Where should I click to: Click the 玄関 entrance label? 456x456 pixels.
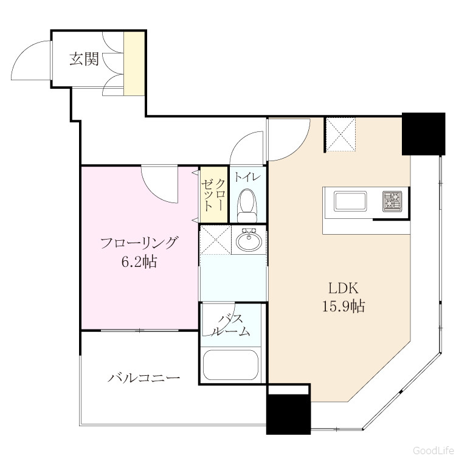[85, 59]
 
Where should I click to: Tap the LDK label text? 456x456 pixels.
[344, 288]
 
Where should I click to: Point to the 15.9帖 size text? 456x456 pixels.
[344, 306]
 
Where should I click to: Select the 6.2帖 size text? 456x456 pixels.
[139, 261]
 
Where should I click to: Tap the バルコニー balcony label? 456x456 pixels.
[144, 378]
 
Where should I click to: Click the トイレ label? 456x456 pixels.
[247, 177]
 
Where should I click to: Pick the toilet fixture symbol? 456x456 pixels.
[247, 206]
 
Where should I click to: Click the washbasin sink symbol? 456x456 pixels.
[249, 240]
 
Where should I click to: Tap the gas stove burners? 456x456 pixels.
[392, 201]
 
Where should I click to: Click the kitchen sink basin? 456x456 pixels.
[350, 201]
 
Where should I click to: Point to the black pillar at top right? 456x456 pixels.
[423, 134]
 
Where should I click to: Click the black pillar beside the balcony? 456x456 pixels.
[288, 414]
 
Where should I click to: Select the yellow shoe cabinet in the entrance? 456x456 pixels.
[134, 63]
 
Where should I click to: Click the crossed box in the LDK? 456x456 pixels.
[340, 134]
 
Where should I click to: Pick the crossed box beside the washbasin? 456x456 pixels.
[215, 240]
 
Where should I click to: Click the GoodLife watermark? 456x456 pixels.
[434, 450]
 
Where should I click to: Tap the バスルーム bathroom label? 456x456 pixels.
[230, 325]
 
